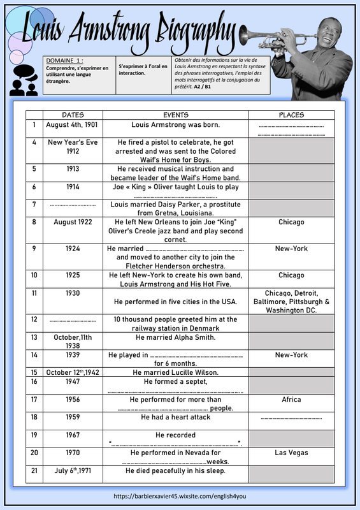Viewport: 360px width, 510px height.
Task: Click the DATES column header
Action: (x=73, y=115)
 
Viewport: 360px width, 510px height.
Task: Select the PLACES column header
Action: (x=291, y=115)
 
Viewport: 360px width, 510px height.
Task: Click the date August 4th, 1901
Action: (x=72, y=125)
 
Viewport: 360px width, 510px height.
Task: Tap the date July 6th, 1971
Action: (x=73, y=470)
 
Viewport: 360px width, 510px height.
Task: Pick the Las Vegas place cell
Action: (x=291, y=453)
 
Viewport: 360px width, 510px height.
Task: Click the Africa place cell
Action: (x=291, y=400)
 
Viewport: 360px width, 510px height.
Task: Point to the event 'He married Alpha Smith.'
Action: (x=176, y=337)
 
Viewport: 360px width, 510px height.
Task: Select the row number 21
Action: (x=34, y=470)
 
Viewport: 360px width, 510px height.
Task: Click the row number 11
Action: (x=34, y=293)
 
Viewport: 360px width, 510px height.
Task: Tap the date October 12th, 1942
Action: (x=73, y=372)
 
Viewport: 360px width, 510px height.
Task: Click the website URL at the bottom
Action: (x=180, y=497)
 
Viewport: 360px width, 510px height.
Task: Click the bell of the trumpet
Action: (x=245, y=35)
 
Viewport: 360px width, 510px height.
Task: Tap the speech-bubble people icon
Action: (x=24, y=80)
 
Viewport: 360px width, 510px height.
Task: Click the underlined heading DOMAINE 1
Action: (x=64, y=61)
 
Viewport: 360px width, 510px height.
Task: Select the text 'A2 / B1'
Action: (x=202, y=87)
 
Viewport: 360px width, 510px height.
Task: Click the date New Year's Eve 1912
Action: (x=73, y=147)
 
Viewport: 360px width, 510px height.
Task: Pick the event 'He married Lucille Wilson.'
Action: (x=176, y=372)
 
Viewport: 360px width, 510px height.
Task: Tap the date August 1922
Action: (x=73, y=222)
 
